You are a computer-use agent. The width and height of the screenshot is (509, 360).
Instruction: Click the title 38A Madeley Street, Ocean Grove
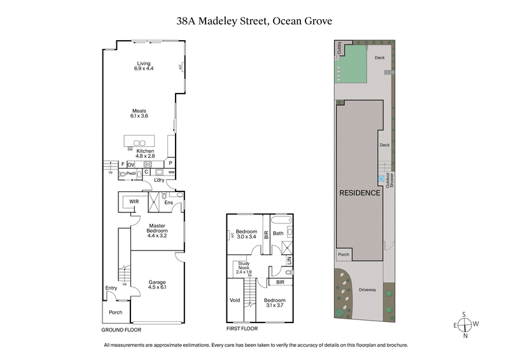click(x=254, y=21)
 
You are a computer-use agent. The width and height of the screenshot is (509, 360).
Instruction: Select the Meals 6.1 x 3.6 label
click(x=139, y=113)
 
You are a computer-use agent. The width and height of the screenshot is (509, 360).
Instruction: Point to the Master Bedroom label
click(x=157, y=229)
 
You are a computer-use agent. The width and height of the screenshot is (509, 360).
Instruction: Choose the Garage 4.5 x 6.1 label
click(x=157, y=284)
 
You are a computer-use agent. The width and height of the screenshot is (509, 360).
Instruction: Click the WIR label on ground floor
click(x=134, y=202)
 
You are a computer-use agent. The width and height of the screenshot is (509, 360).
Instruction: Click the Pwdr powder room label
click(x=132, y=173)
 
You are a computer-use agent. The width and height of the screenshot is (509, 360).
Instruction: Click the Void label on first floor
click(x=235, y=300)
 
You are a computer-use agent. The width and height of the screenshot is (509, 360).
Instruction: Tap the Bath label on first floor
click(x=278, y=233)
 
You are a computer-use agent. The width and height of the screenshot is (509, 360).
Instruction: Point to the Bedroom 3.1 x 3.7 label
click(x=275, y=303)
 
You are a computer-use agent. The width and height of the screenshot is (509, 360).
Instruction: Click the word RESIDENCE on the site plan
click(x=359, y=193)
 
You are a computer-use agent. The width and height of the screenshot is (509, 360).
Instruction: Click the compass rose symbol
click(x=466, y=326)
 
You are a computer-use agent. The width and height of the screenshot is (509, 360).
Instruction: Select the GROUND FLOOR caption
click(x=122, y=330)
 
